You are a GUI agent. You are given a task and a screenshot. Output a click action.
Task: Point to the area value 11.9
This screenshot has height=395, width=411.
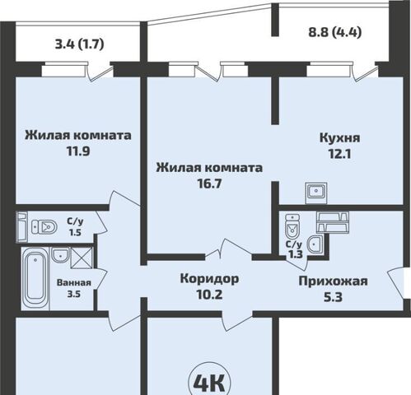pos(78,152)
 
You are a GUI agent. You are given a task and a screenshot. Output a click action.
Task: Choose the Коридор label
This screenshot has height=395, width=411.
pos(210,278)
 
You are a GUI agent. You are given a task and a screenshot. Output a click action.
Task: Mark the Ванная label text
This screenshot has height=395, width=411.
pos(74,283)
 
